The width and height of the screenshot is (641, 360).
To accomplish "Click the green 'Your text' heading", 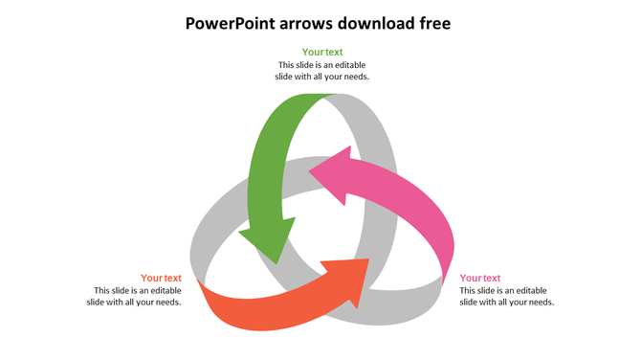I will click(322, 53).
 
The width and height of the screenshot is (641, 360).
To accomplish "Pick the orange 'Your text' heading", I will click(161, 279).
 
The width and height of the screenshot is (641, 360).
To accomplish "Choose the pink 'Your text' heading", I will click(480, 279).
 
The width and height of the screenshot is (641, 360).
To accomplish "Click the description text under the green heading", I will click(322, 71).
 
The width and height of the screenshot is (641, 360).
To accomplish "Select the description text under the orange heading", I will click(138, 296).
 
